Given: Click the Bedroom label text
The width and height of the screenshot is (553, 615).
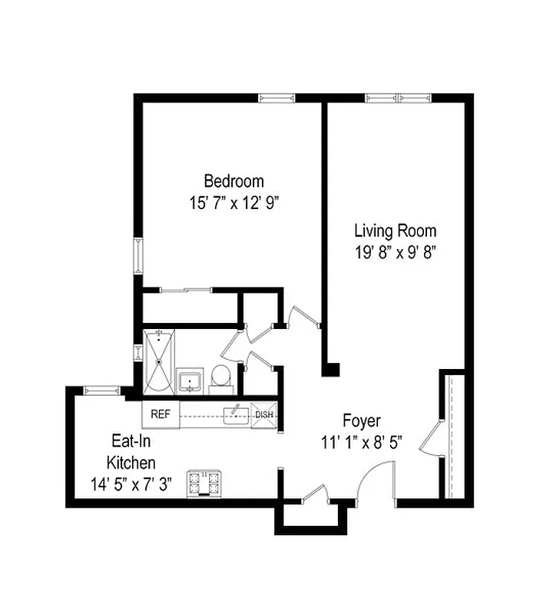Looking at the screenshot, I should pos(233,181).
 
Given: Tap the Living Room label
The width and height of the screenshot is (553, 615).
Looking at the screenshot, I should pos(395,230).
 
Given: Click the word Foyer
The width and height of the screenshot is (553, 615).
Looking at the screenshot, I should pos(361,421).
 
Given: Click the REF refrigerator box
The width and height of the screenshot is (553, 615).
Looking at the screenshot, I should pos(161,414).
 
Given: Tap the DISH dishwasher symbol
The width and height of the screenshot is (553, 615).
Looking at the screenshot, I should pos(263,415).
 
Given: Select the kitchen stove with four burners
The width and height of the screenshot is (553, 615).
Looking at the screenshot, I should pos(204,483).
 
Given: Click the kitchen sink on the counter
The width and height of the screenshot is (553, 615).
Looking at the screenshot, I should pos(236,415).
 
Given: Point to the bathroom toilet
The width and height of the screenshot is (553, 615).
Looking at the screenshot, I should pos(221,377).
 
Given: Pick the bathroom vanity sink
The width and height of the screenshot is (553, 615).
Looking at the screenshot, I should pos(190,381).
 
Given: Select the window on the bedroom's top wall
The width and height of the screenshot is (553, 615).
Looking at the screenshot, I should pos(276,98).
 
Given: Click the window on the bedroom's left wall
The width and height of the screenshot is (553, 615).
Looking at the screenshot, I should pos(139,256).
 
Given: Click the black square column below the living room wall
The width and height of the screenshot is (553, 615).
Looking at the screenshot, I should pos(330,369).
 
